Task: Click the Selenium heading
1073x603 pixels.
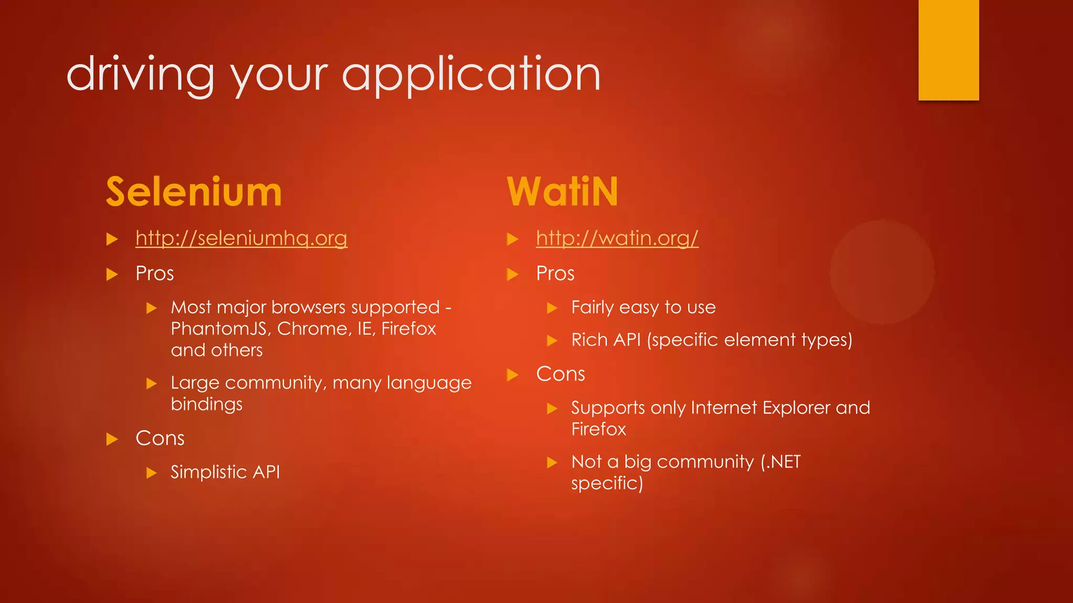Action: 194,192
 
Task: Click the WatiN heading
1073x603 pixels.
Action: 563,192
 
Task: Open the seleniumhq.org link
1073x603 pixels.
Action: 241,238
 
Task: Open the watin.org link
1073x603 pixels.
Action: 617,238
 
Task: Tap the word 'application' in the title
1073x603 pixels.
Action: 471,75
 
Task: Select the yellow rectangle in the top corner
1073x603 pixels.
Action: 948,50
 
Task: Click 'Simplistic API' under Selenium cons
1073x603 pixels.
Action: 225,472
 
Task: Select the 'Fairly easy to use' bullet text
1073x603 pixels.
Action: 643,307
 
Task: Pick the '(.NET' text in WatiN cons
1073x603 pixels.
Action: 781,462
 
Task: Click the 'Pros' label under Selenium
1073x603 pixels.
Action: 155,274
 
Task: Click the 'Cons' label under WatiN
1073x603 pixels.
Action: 561,374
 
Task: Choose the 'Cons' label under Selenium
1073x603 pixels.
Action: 160,439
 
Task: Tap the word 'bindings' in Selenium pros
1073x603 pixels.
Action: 206,405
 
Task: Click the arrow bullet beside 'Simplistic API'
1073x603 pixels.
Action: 151,473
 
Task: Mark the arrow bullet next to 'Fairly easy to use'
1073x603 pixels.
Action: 552,308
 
